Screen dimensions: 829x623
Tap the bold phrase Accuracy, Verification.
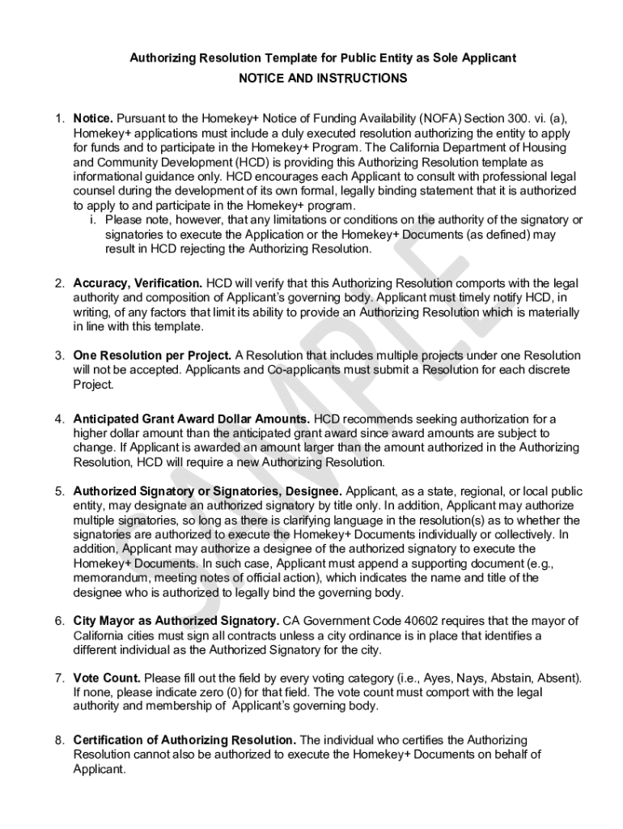[x=138, y=283]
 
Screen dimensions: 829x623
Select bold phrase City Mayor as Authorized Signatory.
[x=176, y=621]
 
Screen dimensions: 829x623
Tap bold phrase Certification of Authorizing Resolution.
[x=184, y=740]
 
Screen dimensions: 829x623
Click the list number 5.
[x=60, y=491]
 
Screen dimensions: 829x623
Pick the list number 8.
[x=60, y=740]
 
